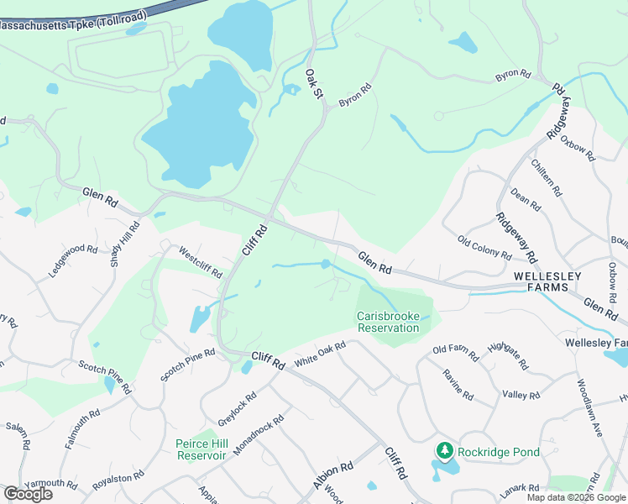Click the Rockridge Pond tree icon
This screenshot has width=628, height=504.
click(x=444, y=451)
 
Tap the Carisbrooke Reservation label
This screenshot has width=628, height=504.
click(x=388, y=322)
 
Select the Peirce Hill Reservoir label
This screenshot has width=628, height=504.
click(x=201, y=449)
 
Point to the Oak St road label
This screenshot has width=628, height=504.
click(x=313, y=82)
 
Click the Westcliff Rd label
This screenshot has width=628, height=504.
click(x=200, y=261)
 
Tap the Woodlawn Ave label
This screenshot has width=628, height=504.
click(x=589, y=407)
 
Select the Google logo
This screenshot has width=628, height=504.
click(x=27, y=494)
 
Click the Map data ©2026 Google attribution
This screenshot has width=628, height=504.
click(x=577, y=497)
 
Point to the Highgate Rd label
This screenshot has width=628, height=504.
click(x=507, y=355)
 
